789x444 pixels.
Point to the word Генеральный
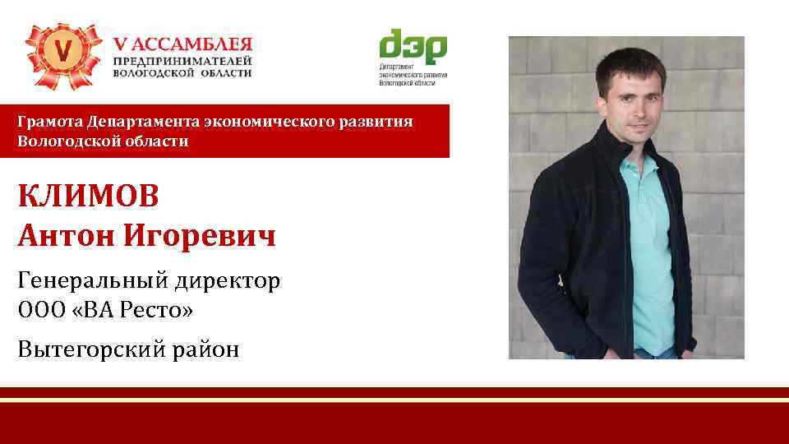coord(90,281)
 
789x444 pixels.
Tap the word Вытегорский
coord(91,349)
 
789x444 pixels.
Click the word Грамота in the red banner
coord(48,122)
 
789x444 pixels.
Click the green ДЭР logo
coord(413,49)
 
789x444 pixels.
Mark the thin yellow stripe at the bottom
coord(394,400)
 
